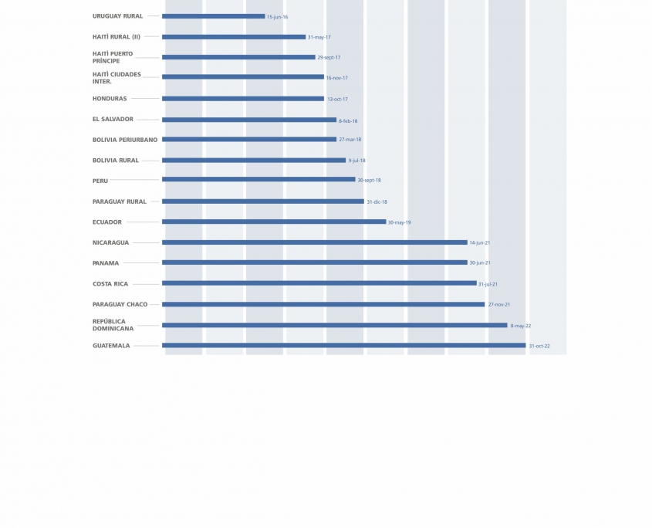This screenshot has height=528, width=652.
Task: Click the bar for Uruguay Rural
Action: (213, 16)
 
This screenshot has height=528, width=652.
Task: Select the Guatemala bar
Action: (343, 345)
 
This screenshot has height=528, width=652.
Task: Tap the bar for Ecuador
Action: (274, 222)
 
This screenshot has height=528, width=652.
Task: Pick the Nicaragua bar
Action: (315, 242)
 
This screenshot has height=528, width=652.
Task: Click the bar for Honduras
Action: (243, 99)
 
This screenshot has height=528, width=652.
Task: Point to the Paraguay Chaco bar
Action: (323, 304)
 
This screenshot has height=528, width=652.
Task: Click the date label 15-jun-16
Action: (278, 17)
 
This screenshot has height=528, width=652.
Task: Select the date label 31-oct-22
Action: (539, 346)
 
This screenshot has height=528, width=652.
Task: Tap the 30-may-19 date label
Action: (399, 222)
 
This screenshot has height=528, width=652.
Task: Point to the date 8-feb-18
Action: (348, 121)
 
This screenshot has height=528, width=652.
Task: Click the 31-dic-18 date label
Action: (377, 202)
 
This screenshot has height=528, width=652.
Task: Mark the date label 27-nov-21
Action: (498, 305)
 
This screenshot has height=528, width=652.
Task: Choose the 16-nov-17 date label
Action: (336, 78)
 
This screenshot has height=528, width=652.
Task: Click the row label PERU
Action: (100, 181)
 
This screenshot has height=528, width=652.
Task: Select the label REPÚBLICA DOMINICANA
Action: (113, 325)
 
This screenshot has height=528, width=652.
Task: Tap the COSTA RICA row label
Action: (110, 284)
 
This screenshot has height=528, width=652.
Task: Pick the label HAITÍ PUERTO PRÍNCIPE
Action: (113, 57)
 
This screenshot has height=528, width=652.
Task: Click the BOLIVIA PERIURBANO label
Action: (125, 140)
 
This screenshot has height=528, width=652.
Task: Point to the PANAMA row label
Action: (106, 263)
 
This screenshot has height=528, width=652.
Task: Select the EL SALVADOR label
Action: (113, 120)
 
